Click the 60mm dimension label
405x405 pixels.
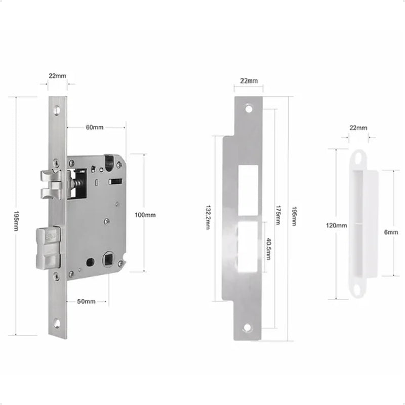95,127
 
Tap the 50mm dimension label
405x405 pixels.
87,302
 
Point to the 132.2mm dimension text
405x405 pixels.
208,217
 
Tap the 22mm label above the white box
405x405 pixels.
358,128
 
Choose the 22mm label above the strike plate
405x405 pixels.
249,81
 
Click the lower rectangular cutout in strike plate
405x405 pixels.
250,245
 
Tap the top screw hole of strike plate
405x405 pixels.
248,108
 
